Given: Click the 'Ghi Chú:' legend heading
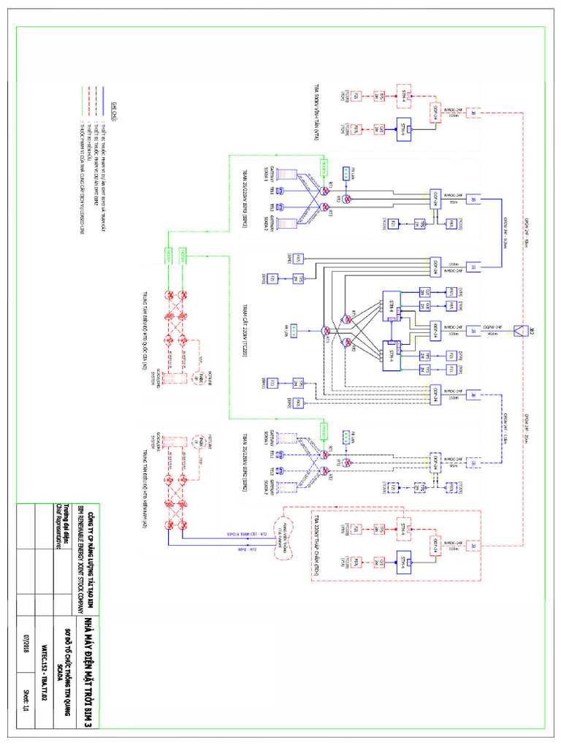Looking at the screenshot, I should point(115,108).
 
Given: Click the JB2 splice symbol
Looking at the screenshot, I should point(522,330).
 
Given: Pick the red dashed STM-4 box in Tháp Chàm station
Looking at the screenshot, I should point(404,526).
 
